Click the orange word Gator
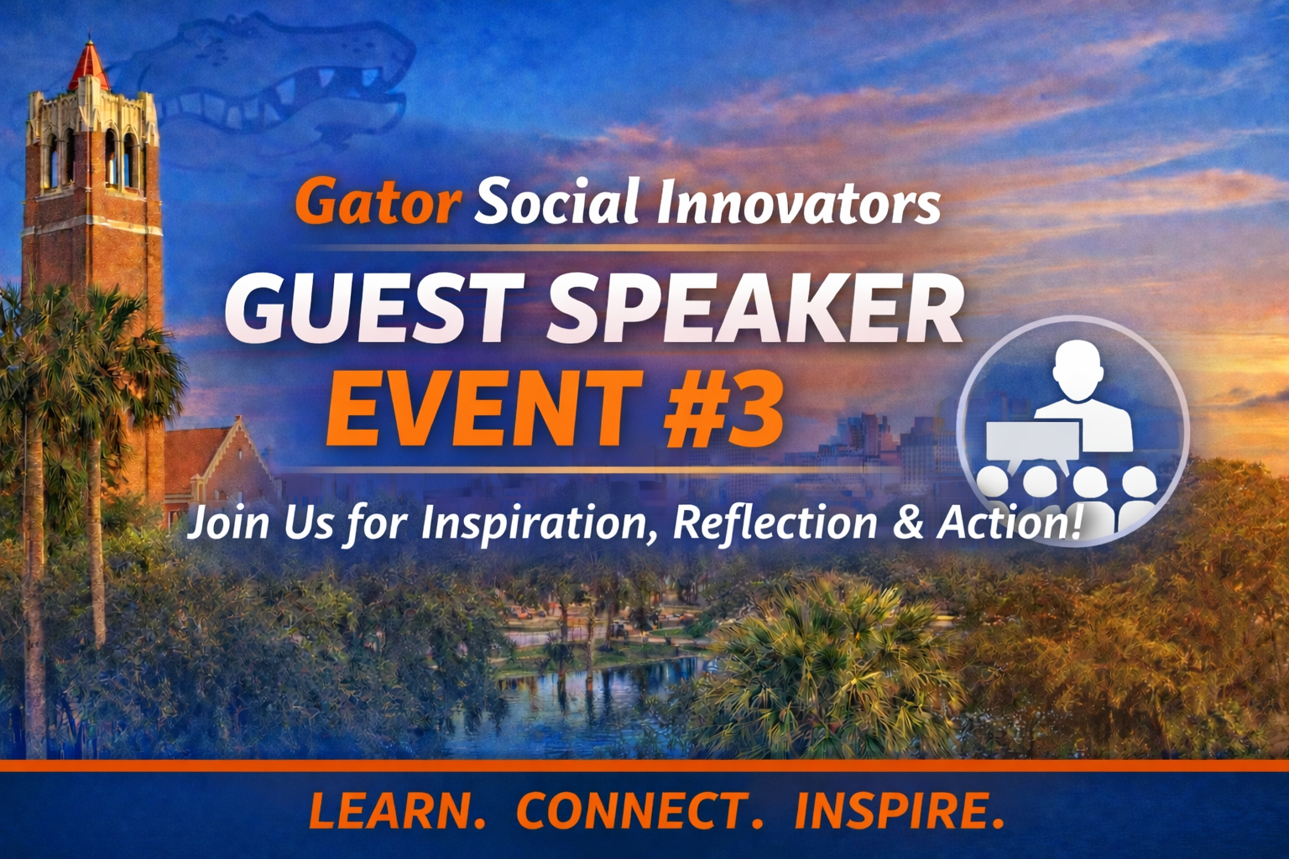[378, 202]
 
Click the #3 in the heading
[722, 411]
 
